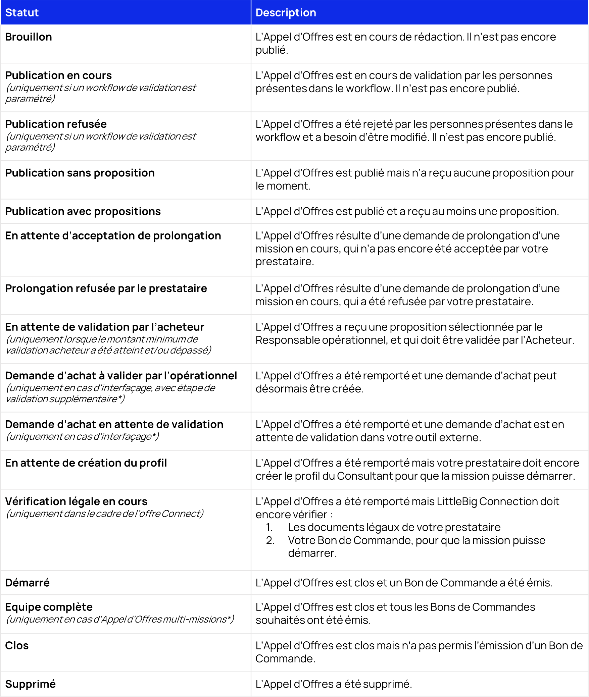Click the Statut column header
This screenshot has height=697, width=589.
coord(22,13)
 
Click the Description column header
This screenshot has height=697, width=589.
coord(286,13)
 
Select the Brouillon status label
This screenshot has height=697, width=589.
coord(29,37)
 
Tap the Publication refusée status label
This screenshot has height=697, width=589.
coord(56,124)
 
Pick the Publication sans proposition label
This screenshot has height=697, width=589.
coord(80,173)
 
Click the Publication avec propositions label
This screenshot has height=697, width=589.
coord(83,211)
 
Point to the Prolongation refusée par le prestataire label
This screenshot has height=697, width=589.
coord(106,288)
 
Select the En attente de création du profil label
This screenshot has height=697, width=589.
coord(86,463)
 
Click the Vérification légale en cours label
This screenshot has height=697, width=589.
coord(76,501)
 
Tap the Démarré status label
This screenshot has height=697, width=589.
coord(28,583)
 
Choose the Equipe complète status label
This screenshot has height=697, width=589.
coord(49,607)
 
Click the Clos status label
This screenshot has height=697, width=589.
coord(17,646)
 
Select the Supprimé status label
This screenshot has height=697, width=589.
coord(31,684)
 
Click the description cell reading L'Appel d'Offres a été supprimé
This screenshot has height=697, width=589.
coord(334,684)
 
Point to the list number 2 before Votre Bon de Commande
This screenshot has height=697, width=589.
coord(270,540)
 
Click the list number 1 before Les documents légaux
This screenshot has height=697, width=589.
coord(269,527)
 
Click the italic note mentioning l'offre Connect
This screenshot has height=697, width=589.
coord(105,514)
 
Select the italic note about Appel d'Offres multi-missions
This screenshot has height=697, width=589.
coord(120,619)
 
